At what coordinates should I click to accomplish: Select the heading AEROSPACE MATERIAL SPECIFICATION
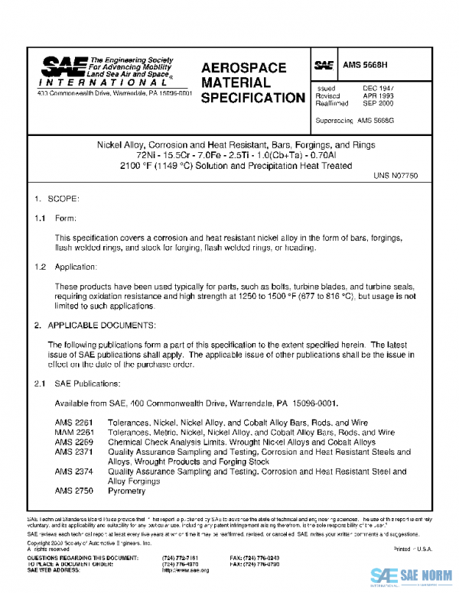(x=252, y=83)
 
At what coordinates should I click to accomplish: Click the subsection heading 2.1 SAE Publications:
(x=76, y=383)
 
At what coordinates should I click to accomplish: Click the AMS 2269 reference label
(x=70, y=442)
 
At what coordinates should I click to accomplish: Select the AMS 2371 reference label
(x=70, y=452)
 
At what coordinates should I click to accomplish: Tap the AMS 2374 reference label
(x=70, y=471)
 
